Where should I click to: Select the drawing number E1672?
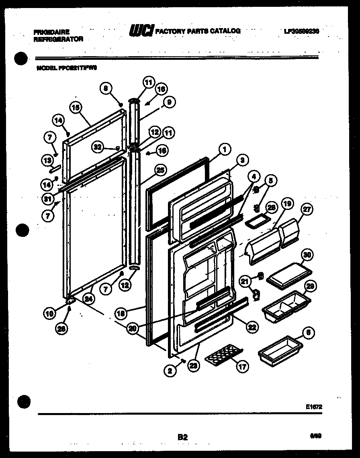(x=314, y=407)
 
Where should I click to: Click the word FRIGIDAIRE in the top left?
(x=52, y=32)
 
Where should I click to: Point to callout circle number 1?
(x=224, y=149)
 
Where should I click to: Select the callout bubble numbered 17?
(x=243, y=366)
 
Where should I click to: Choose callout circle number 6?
(x=308, y=332)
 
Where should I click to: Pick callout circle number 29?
(x=309, y=286)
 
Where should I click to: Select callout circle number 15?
(x=75, y=107)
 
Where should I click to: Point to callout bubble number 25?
(x=160, y=170)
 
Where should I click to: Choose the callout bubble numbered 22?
(x=251, y=328)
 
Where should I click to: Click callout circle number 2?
(x=170, y=371)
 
